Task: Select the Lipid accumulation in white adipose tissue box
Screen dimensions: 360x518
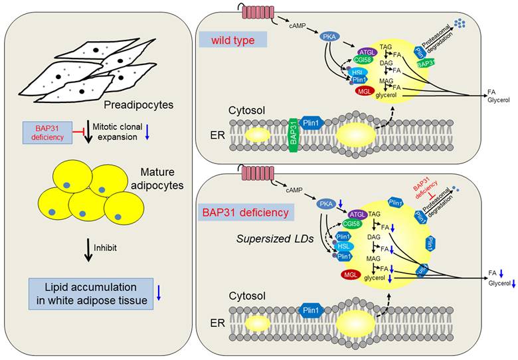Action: click(x=92, y=294)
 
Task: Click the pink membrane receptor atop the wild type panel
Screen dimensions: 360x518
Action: click(x=250, y=11)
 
